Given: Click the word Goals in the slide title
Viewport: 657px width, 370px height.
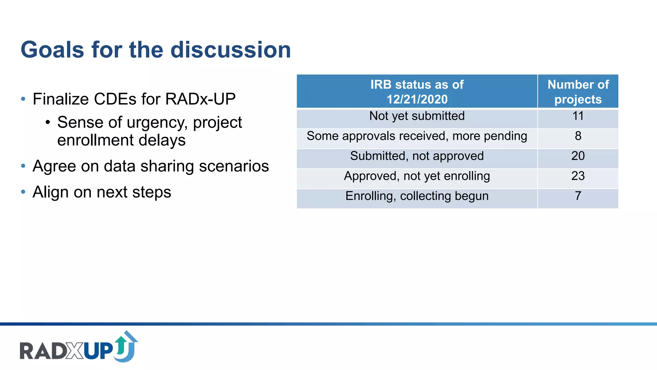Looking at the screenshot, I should (x=52, y=50).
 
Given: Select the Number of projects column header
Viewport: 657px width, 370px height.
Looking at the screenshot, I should (x=578, y=92).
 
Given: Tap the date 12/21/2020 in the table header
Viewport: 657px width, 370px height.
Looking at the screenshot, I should (x=417, y=99).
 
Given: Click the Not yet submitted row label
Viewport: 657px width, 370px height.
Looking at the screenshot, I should (x=417, y=116).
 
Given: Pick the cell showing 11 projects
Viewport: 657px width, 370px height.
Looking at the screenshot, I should (x=578, y=116).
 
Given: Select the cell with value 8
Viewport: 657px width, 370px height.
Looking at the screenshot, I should (x=578, y=136).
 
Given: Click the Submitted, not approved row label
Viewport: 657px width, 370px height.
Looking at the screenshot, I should (x=417, y=156).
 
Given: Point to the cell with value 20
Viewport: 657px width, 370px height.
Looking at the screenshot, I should (x=578, y=156).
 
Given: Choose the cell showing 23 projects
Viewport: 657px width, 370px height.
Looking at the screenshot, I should (x=578, y=176).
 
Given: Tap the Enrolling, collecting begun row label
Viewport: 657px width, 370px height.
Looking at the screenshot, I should (x=417, y=196).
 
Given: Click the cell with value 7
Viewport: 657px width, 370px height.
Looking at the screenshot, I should (x=578, y=196).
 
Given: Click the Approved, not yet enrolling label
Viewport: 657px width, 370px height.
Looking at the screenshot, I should (x=417, y=176).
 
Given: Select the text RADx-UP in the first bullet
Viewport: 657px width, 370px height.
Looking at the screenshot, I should (x=200, y=99).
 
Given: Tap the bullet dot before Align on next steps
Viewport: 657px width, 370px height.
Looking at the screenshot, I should (x=23, y=192).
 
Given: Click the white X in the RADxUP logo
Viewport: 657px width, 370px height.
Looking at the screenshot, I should (x=75, y=351).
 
